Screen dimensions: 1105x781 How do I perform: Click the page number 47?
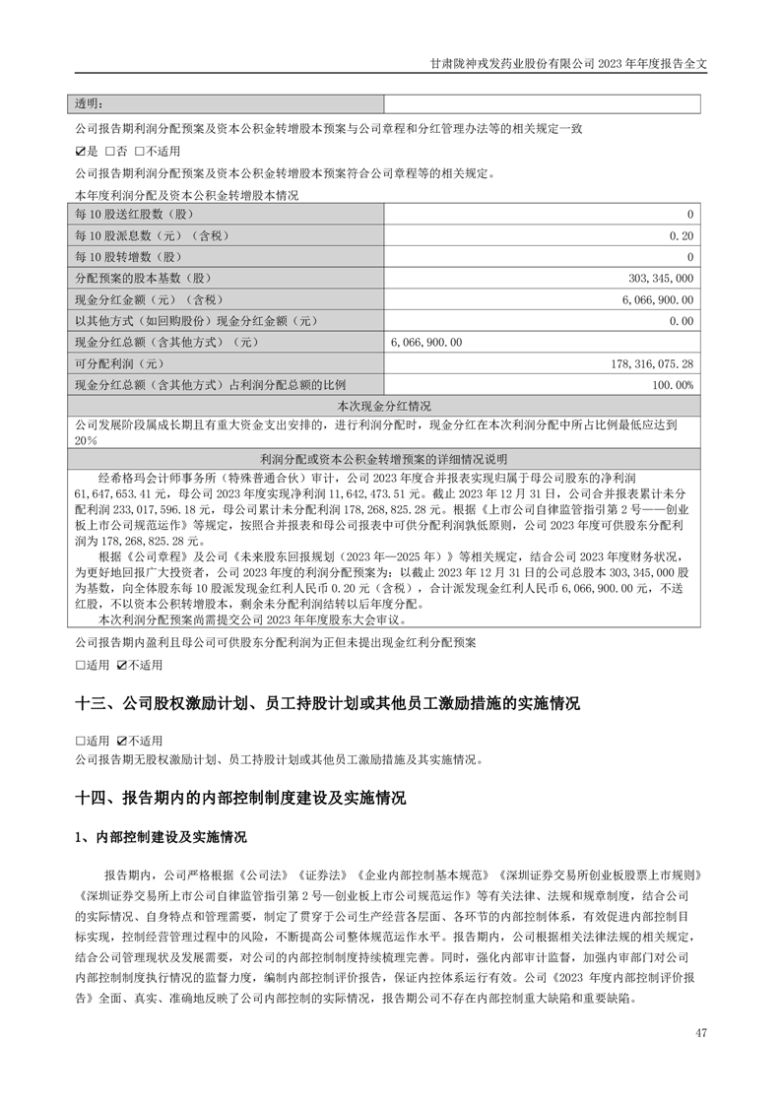701,1032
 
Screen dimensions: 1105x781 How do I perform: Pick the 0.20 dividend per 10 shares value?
682,235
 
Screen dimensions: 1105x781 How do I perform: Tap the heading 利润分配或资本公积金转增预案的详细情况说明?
384,459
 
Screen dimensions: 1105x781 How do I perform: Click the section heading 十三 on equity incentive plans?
327,704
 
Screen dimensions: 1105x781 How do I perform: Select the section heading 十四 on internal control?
240,798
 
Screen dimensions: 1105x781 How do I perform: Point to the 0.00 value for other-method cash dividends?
682,320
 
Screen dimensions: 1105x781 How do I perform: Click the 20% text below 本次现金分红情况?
86,441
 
